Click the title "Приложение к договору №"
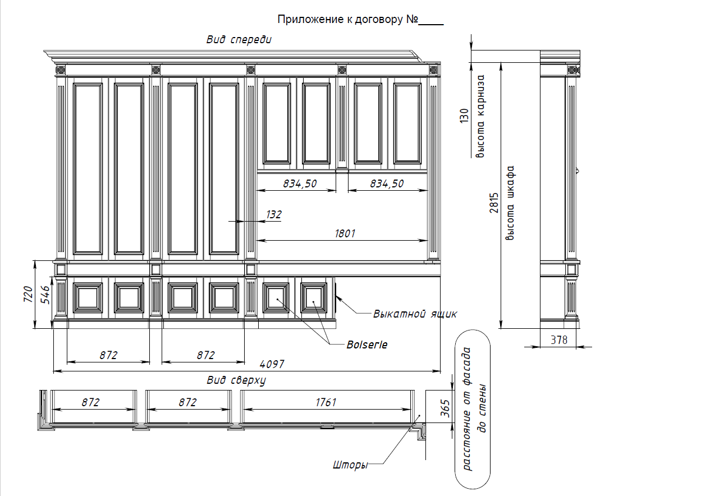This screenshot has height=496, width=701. click(347, 20)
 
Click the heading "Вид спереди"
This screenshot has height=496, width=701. click(239, 40)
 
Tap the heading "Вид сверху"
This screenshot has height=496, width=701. click(236, 380)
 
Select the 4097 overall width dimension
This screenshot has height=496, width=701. click(272, 364)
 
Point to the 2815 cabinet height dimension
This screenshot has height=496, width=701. click(494, 203)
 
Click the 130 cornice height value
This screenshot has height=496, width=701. click(464, 116)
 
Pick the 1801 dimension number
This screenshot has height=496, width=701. click(345, 233)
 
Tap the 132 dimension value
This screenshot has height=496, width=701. click(274, 215)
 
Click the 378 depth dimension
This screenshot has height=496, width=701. click(559, 340)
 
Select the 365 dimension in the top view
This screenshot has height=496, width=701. click(445, 408)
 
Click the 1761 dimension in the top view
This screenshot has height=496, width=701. click(326, 402)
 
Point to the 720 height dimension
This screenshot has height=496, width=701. click(28, 294)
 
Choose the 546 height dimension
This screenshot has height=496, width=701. click(45, 295)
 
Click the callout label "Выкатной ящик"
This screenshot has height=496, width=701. click(415, 314)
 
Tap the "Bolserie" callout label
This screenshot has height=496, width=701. click(367, 345)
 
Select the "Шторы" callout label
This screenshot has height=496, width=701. click(350, 465)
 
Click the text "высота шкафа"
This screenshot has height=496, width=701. click(510, 203)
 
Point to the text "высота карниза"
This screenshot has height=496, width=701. click(480, 116)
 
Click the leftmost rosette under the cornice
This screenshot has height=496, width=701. click(61, 70)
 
